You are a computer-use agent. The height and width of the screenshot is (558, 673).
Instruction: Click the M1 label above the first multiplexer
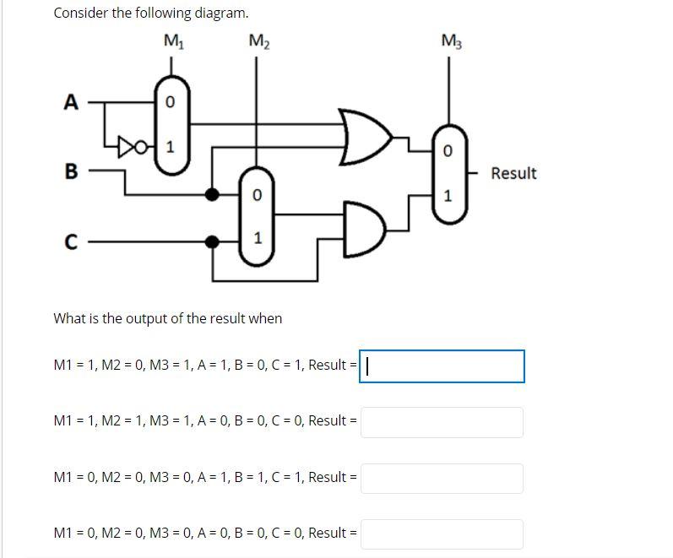pos(173,41)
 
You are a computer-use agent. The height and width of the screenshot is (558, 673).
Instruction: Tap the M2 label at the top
pos(259,41)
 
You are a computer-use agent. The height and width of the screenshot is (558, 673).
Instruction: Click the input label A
pos(71,103)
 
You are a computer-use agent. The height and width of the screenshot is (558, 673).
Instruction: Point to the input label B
pos(72,172)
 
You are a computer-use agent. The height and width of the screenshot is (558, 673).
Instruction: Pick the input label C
pos(72,242)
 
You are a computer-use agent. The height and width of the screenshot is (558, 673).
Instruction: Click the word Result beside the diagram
pos(513,173)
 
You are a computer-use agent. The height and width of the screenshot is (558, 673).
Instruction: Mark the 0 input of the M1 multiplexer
pos(170,103)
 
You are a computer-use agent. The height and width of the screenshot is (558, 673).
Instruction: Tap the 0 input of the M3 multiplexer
pos(448,150)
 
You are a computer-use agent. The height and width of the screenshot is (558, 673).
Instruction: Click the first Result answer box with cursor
pos(442,366)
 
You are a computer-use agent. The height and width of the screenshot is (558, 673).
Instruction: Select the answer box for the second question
pos(442,422)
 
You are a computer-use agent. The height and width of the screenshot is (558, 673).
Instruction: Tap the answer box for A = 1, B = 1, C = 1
pos(442,478)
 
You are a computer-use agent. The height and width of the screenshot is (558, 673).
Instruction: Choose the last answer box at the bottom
pos(442,534)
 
